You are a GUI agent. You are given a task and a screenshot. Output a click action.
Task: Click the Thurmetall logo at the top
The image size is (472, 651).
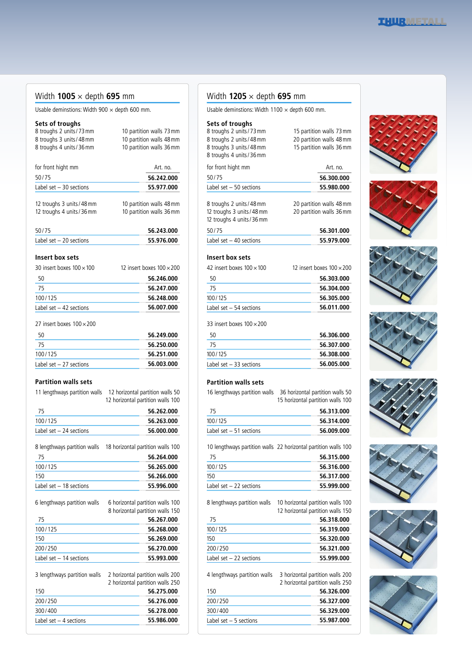tap(412, 22)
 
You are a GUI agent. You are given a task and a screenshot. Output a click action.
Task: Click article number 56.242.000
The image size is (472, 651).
tap(163, 178)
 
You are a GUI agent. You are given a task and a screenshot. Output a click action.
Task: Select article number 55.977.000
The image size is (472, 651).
tap(163, 187)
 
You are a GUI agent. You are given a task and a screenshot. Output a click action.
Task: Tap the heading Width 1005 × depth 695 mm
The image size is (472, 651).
tap(84, 96)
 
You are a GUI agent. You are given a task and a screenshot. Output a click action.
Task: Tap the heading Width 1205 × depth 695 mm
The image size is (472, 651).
tap(256, 96)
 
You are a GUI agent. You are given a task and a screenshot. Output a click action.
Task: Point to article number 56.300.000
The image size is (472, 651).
tap(334, 178)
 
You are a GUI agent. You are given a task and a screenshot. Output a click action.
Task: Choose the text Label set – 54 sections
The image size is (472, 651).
tap(233, 308)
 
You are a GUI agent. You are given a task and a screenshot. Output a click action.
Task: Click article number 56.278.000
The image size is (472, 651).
tap(163, 611)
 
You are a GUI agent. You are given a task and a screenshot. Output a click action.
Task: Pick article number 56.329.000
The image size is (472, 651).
tap(334, 611)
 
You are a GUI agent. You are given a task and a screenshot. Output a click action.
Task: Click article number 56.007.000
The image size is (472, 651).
tap(163, 307)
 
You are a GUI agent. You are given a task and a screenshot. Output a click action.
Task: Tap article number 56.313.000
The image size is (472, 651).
tap(334, 411)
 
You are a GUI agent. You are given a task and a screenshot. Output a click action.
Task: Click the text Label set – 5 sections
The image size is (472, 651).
tap(232, 621)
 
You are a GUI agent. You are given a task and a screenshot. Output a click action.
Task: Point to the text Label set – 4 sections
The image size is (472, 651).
tap(60, 621)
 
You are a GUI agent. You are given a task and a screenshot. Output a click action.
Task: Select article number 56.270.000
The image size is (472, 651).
tap(163, 549)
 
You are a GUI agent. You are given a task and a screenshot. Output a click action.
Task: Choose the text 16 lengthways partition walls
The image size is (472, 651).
tap(240, 392)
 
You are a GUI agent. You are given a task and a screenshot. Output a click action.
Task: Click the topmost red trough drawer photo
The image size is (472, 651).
tap(403, 144)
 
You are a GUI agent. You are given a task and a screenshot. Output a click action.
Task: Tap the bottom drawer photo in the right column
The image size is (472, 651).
tap(403, 605)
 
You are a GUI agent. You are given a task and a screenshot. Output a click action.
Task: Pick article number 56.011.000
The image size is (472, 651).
tap(334, 307)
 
